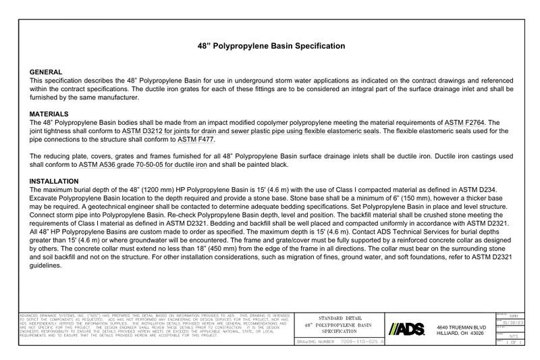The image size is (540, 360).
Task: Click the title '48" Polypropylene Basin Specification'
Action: tap(270, 46)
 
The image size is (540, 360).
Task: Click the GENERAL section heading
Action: tap(47, 72)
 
